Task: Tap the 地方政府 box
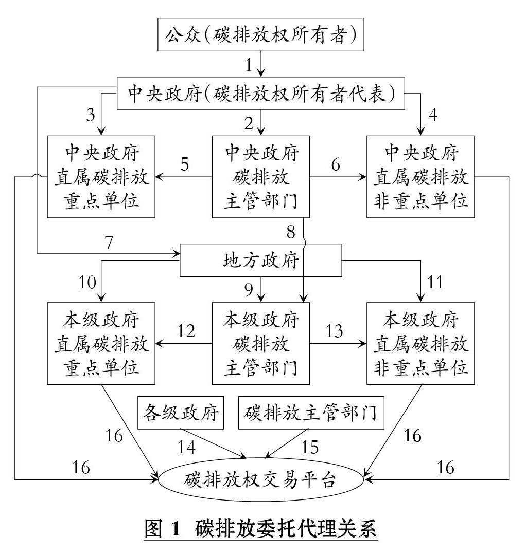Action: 261,260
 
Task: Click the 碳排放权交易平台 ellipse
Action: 261,480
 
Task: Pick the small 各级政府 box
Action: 182,412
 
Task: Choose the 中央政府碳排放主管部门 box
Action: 261,176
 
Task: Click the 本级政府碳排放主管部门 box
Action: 261,343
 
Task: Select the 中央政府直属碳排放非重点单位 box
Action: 419,176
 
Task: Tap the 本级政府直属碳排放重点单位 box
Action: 101,343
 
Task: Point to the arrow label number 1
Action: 249,65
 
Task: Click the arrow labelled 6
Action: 338,177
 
